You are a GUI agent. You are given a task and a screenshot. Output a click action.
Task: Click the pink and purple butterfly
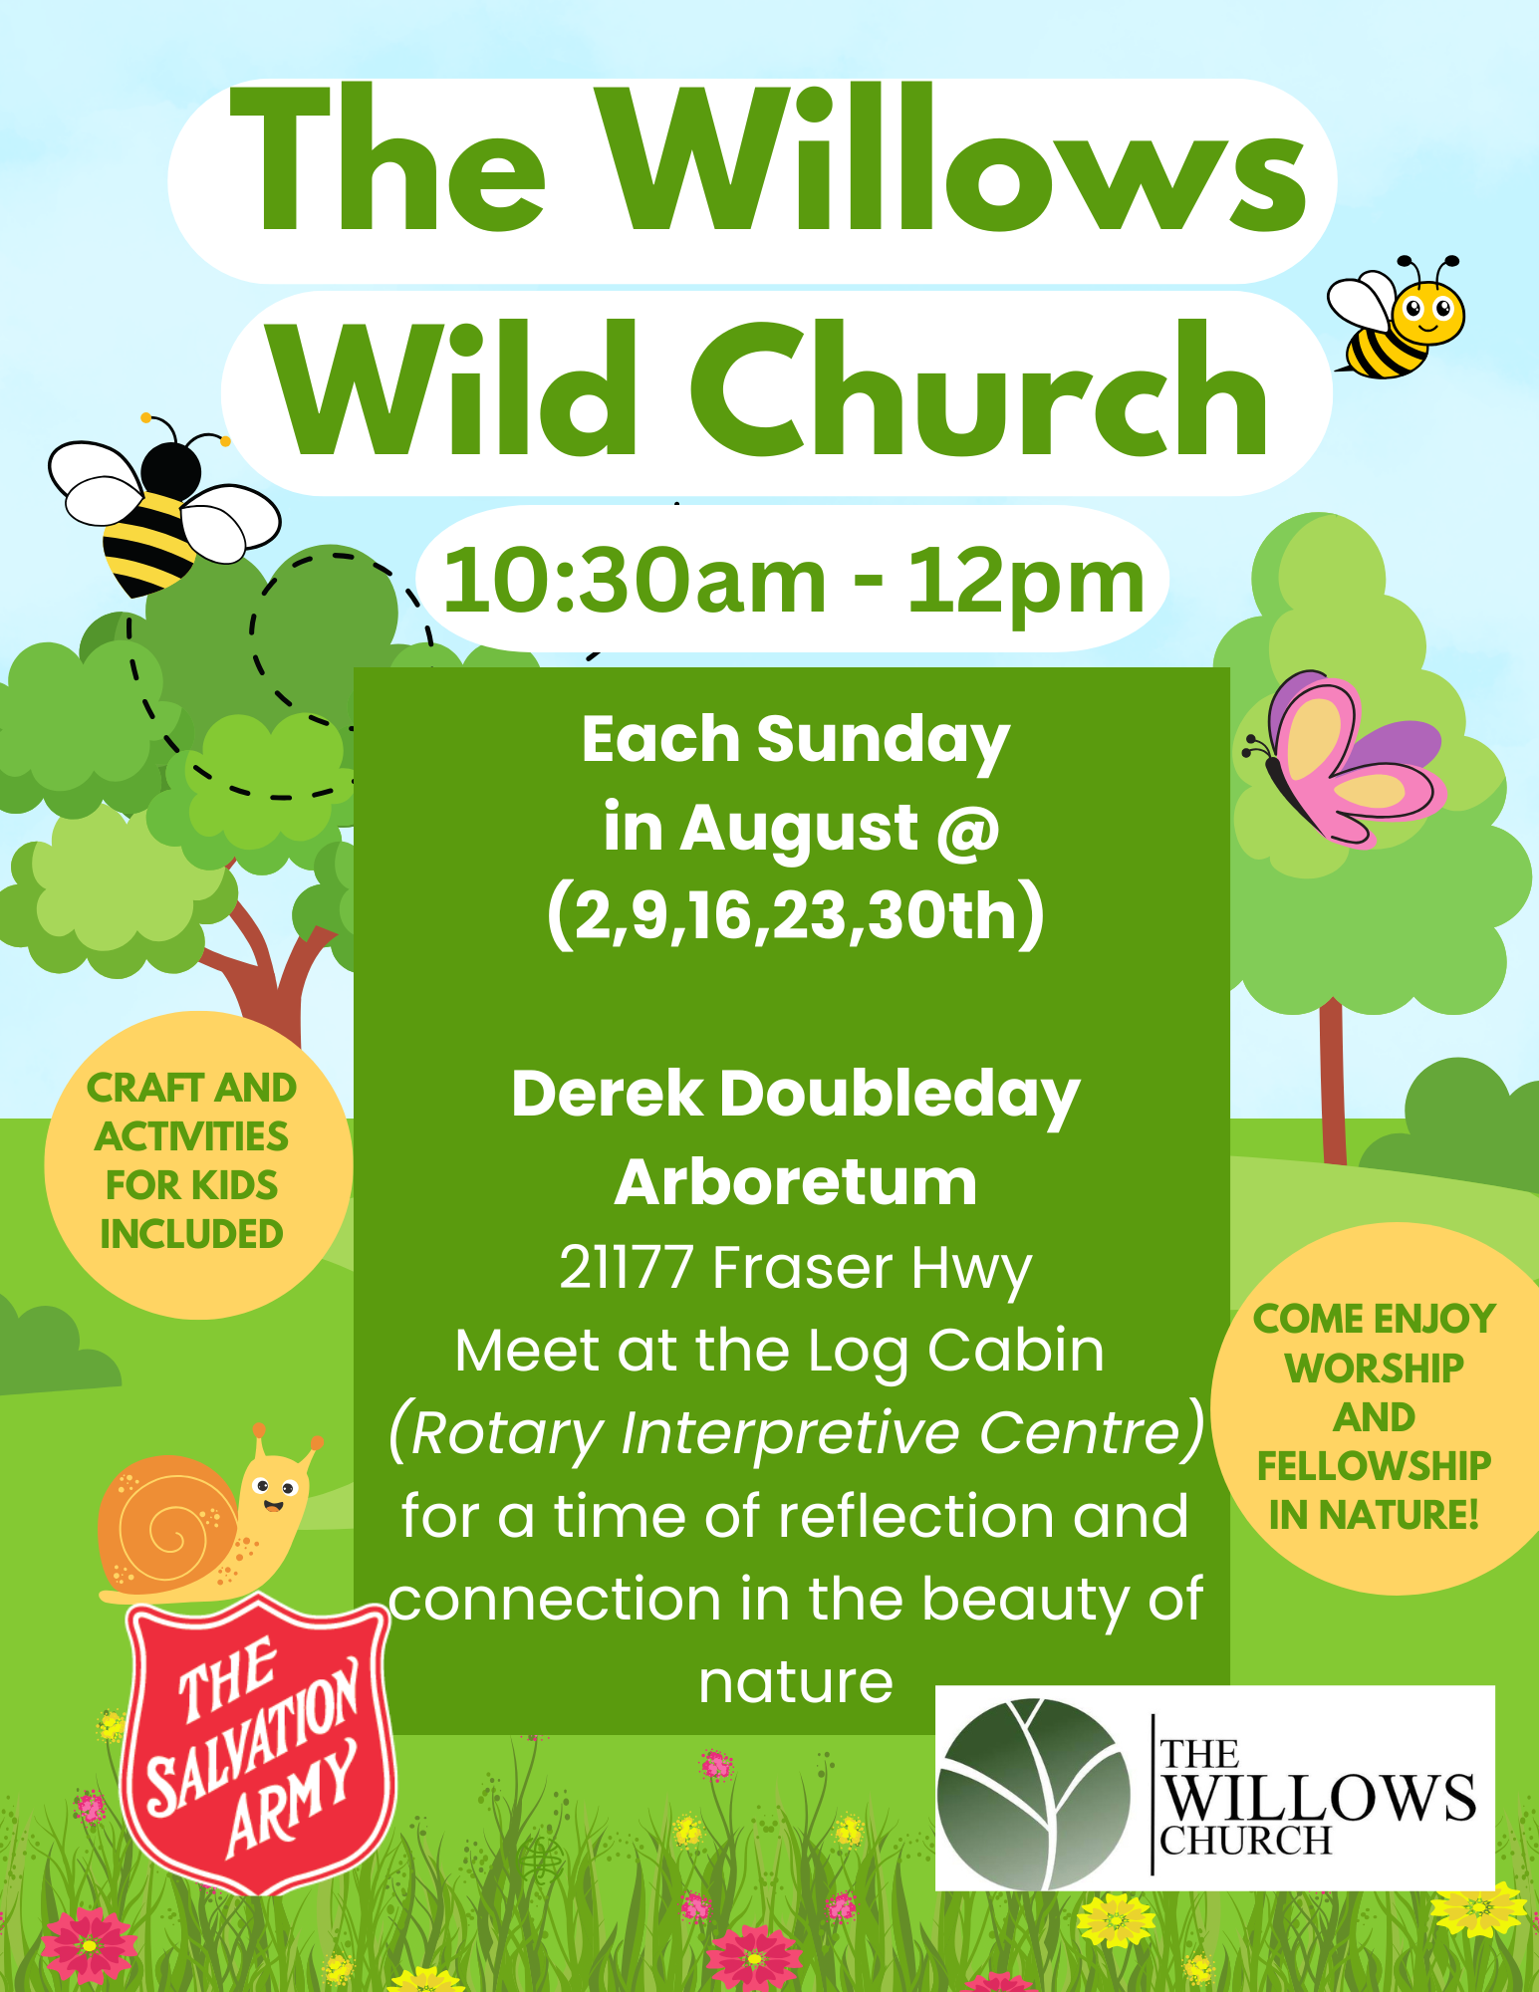[x=1345, y=758]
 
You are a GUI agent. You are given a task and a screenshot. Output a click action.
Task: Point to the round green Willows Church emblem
[x=1034, y=1793]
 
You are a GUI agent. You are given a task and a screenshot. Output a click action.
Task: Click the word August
[x=798, y=829]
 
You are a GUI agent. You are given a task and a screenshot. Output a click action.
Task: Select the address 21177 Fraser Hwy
[x=795, y=1268]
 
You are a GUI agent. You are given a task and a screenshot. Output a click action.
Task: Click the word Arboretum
[x=795, y=1182]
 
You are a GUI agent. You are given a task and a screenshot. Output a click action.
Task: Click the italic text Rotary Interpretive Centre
[x=796, y=1432]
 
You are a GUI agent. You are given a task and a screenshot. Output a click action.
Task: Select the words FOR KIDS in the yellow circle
[x=191, y=1185]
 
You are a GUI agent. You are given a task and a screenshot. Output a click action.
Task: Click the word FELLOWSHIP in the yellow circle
[x=1374, y=1466]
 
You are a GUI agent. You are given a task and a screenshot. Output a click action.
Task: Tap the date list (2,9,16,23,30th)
[x=796, y=914]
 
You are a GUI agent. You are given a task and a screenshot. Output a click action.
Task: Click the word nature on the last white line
[x=796, y=1683]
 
